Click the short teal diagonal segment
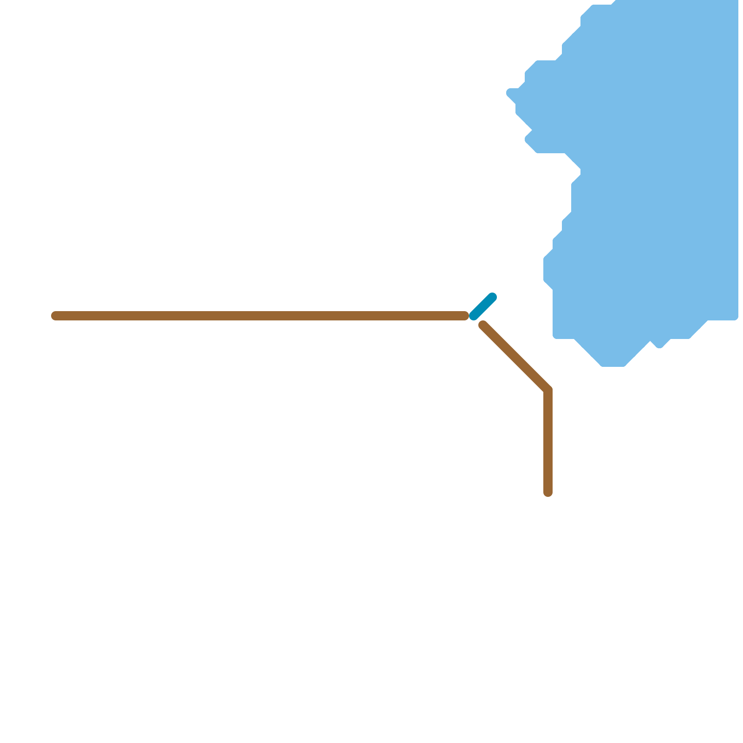(483, 306)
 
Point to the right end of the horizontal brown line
(465, 316)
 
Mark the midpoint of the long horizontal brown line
(260, 316)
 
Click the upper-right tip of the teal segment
(493, 297)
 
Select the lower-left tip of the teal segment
(473, 316)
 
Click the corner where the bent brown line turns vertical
(548, 390)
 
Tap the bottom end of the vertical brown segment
(548, 493)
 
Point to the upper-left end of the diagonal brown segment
(483, 325)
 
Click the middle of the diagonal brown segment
(515, 357)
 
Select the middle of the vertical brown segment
(548, 441)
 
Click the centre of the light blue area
(650, 176)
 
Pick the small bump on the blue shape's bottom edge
(659, 345)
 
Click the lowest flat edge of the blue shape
(613, 365)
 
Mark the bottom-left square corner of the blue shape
(554, 337)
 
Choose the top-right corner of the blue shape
(736, 2)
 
